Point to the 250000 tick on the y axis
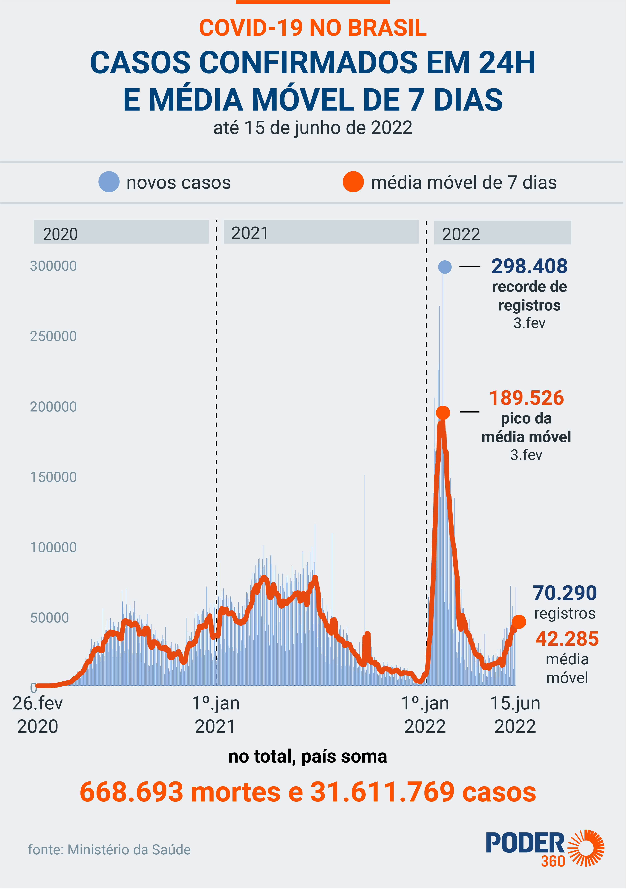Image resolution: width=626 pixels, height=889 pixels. (53, 336)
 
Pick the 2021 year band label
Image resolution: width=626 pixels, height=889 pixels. (250, 233)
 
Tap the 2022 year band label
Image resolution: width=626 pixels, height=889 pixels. (461, 234)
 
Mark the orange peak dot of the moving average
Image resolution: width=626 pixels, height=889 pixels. (443, 412)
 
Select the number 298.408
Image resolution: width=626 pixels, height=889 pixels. (529, 266)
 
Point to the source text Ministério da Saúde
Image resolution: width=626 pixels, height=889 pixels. (109, 850)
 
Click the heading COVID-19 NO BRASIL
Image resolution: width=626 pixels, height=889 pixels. (313, 28)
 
